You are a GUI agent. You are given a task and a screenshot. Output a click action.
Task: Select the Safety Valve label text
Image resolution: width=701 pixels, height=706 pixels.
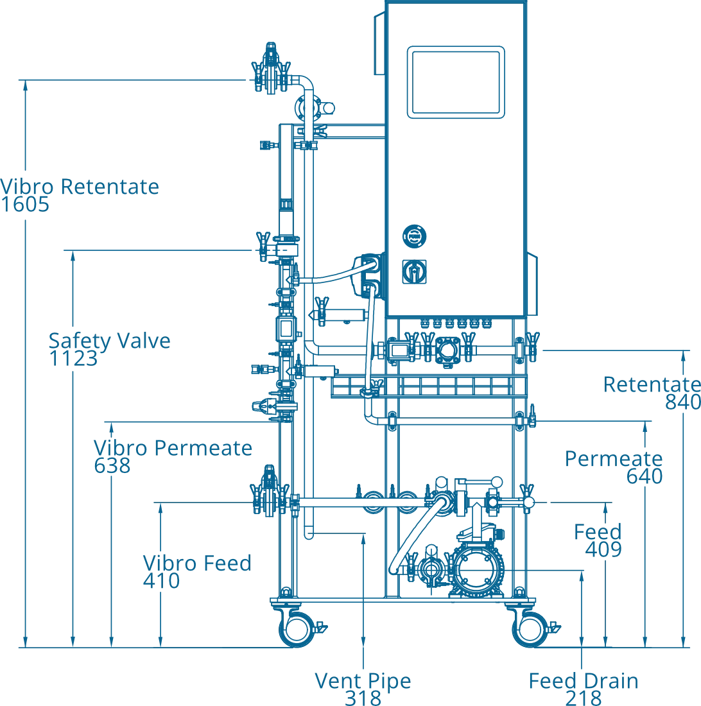click(x=108, y=340)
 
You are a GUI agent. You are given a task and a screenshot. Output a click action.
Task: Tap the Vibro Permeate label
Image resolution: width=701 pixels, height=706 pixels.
click(x=171, y=447)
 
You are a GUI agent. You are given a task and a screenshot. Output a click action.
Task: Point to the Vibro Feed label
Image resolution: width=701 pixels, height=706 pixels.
click(x=196, y=564)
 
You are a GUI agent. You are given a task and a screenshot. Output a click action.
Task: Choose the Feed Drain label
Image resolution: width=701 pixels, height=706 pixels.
click(x=584, y=682)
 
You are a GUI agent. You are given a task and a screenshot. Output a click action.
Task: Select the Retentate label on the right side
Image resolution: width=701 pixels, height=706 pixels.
click(x=650, y=386)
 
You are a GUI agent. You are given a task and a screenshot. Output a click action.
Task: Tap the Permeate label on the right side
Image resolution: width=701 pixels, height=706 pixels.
click(x=613, y=459)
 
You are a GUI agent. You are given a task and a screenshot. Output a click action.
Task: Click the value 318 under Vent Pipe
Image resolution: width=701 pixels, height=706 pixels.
click(x=362, y=698)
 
